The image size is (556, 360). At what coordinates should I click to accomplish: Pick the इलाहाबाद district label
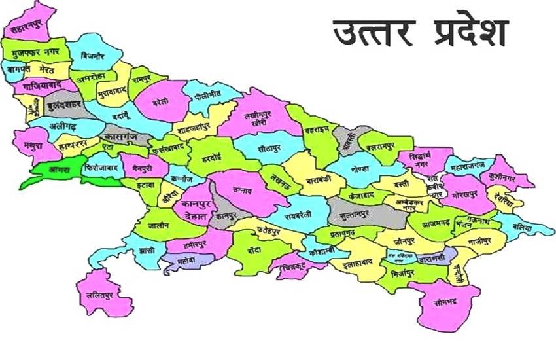354,262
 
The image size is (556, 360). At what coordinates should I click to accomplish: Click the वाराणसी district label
432,257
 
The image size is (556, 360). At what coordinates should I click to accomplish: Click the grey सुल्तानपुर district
363,213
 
